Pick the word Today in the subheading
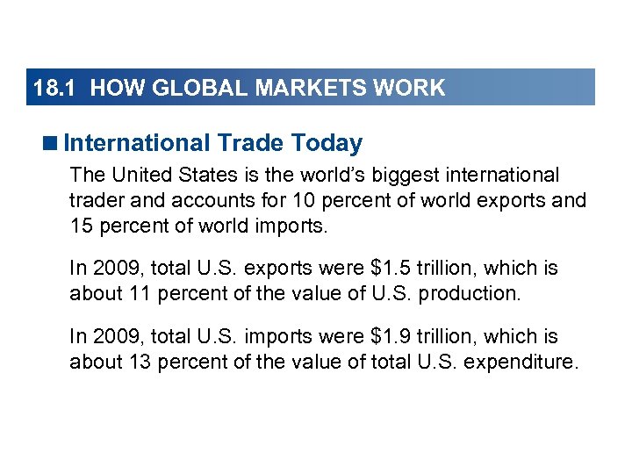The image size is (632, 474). click(328, 142)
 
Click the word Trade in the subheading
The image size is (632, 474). click(250, 142)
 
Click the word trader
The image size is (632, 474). click(96, 200)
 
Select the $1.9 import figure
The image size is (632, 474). click(378, 337)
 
